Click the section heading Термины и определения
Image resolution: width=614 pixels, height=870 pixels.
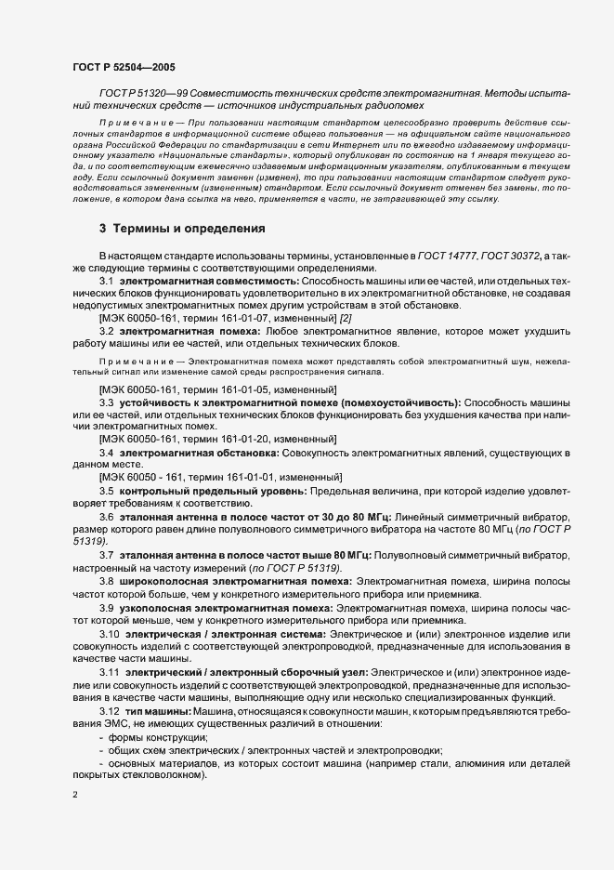click(182, 228)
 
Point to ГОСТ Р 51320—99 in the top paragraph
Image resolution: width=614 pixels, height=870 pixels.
click(140, 94)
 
